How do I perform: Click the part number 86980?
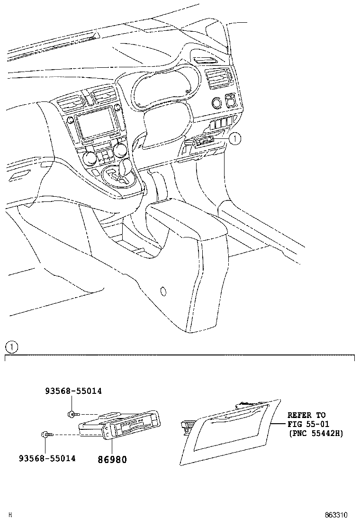112,459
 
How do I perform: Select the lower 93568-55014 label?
47,459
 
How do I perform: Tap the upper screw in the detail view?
72,414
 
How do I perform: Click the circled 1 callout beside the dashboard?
235,138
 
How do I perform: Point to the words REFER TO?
306,415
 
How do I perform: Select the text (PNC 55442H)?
315,433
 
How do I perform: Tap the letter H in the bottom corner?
10,515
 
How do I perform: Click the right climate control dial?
120,150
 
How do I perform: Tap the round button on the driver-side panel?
216,102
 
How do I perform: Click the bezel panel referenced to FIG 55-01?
227,434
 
